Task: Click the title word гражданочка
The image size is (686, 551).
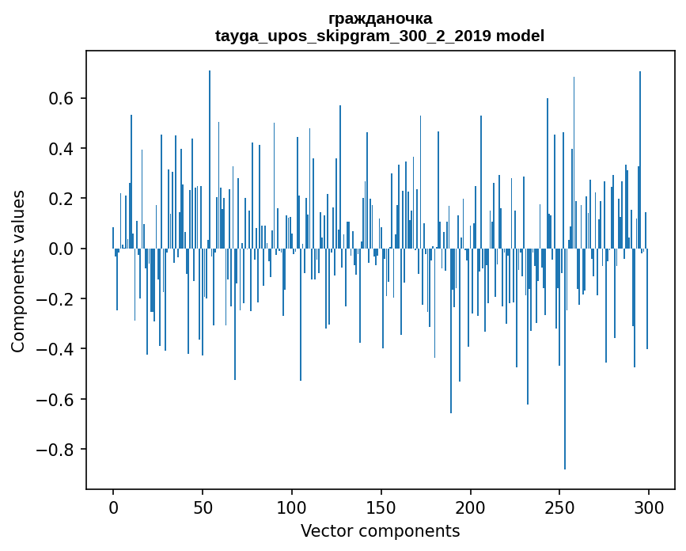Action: pyautogui.click(x=380, y=18)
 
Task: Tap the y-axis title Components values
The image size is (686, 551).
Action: pyautogui.click(x=18, y=271)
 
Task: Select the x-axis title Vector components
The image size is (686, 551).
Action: pyautogui.click(x=380, y=530)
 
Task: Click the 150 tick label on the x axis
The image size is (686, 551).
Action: pyautogui.click(x=381, y=507)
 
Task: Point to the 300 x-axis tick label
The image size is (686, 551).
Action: pyautogui.click(x=649, y=507)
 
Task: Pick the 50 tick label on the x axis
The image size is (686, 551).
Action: pyautogui.click(x=203, y=507)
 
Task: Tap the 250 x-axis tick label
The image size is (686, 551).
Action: pyautogui.click(x=559, y=507)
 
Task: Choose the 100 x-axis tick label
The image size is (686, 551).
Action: pyautogui.click(x=291, y=507)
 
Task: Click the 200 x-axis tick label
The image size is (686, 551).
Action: pyautogui.click(x=470, y=507)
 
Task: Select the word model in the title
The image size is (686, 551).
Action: pyautogui.click(x=521, y=36)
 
